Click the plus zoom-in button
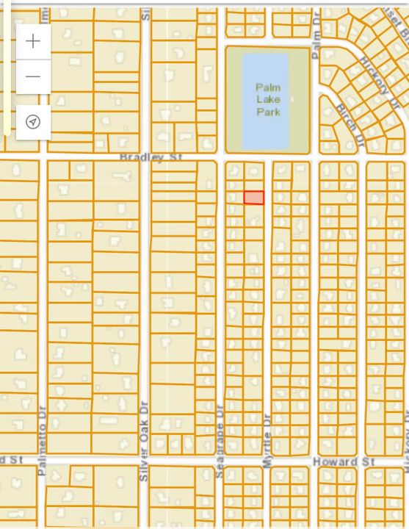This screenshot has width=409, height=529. point(33,41)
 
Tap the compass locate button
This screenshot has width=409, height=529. point(33,121)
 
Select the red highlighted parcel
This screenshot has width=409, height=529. point(253,198)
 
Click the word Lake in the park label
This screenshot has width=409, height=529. point(268,100)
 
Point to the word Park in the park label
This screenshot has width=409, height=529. point(268,112)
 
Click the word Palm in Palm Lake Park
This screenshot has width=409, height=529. point(268,88)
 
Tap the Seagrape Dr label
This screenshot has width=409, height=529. point(220,441)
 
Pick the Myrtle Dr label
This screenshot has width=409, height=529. point(267,439)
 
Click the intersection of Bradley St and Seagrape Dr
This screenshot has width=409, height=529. point(221,157)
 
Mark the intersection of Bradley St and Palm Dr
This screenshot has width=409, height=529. point(315,157)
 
